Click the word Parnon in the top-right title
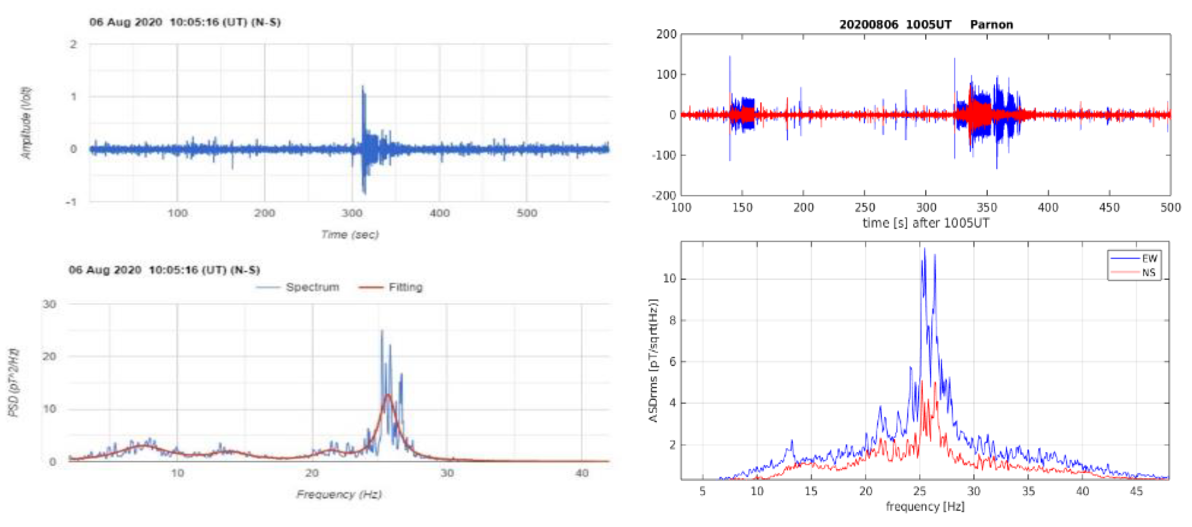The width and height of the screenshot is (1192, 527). coord(991,24)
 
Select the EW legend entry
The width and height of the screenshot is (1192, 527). coord(1149,258)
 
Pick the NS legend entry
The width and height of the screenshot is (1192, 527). coord(1148,273)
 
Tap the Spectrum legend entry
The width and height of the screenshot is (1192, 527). coord(312,287)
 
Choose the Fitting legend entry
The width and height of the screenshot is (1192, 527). coord(405,287)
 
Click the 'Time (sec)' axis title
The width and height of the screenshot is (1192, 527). coord(350,235)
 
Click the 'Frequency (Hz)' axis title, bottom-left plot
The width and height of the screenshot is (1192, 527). coord(339,494)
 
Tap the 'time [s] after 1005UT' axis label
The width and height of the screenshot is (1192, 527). coord(925,223)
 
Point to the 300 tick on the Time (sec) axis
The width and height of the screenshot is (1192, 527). coord(352,213)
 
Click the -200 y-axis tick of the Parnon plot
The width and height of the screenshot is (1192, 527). coord(664,195)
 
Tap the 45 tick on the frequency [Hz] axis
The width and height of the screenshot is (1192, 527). coord(1137,491)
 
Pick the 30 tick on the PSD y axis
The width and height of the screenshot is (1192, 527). coord(50,304)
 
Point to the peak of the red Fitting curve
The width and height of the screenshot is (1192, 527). coord(388,395)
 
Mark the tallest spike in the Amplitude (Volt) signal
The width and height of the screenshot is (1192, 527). coord(363,87)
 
